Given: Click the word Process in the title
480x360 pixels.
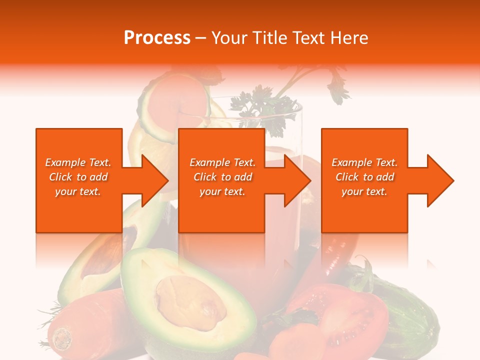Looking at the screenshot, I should pyautogui.click(x=157, y=38).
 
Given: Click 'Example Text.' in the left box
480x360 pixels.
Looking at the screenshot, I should pyautogui.click(x=78, y=162).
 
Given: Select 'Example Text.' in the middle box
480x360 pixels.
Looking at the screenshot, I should pyautogui.click(x=222, y=162).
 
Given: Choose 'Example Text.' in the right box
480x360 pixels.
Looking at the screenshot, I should pyautogui.click(x=364, y=162).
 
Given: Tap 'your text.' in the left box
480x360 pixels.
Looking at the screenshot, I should pyautogui.click(x=78, y=191).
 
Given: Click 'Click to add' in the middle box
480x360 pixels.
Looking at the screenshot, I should pyautogui.click(x=222, y=177).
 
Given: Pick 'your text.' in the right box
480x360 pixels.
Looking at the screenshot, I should pyautogui.click(x=364, y=191).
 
